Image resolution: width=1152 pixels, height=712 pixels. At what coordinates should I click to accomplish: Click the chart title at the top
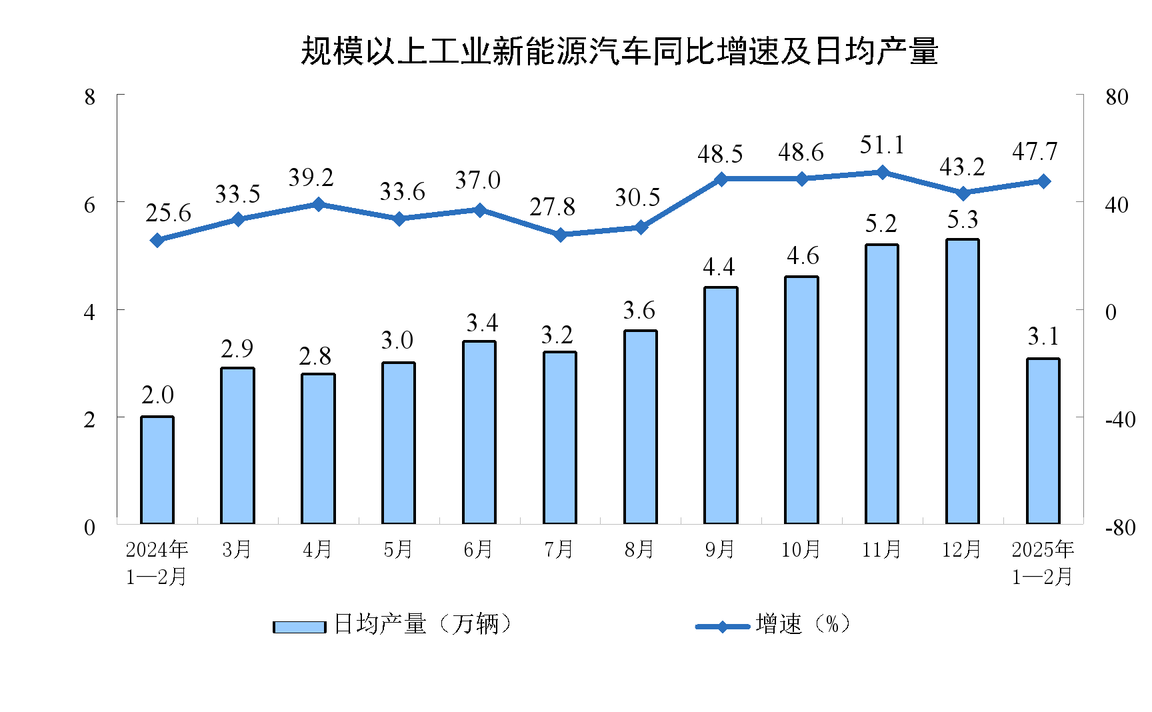coord(619,52)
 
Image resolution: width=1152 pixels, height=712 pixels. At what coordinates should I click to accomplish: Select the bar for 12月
coord(962,381)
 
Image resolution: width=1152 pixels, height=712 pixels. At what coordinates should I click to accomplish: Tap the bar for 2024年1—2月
coord(157,470)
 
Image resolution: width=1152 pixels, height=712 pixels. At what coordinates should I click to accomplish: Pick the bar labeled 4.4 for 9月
coord(721,405)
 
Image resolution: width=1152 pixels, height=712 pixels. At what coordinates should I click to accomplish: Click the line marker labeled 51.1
coord(883,173)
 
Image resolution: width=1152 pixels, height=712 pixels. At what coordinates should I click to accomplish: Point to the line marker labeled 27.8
coord(560,235)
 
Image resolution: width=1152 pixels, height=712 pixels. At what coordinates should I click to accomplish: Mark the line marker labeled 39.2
coord(318,205)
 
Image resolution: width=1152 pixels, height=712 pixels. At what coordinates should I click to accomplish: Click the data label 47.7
coord(1035,152)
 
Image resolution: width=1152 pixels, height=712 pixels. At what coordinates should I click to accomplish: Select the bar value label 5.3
coord(962,220)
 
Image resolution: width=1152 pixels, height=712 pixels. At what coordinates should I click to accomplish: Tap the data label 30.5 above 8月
coord(637,198)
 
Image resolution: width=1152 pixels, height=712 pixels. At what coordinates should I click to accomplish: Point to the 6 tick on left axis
coord(90,205)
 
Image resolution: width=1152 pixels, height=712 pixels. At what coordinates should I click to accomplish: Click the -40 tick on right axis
coord(1120,420)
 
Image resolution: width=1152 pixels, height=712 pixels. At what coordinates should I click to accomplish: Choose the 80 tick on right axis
coord(1117,97)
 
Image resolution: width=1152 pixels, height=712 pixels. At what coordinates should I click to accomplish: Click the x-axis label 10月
coord(801,550)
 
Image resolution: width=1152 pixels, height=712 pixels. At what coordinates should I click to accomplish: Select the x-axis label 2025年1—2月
coord(1043,563)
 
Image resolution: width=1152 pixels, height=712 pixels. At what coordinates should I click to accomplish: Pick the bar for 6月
coord(479,432)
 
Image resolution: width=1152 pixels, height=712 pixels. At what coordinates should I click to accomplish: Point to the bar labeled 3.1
coord(1043,441)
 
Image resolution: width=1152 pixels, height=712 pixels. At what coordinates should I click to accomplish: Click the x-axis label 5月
coord(398,550)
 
